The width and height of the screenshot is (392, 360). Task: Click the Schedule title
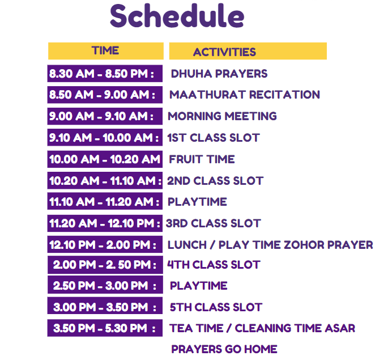(x=177, y=16)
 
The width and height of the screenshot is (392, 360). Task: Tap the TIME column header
(x=106, y=51)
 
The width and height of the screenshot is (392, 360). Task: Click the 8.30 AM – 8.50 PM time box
(x=105, y=74)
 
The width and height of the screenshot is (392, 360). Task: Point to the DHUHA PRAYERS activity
(x=219, y=74)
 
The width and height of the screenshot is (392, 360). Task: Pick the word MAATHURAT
(x=207, y=95)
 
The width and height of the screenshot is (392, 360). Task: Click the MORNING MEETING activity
(x=222, y=116)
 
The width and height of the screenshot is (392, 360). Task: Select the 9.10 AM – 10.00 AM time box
(x=105, y=138)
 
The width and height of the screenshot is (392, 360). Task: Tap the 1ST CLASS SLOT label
(x=214, y=138)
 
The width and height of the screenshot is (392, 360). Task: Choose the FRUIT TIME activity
(x=202, y=159)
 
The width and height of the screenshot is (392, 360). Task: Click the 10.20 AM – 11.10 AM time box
(x=105, y=181)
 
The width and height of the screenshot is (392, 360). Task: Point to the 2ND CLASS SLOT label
(x=215, y=181)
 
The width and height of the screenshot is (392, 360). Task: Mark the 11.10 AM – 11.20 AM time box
(x=105, y=202)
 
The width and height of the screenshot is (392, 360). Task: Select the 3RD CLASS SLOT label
(x=214, y=223)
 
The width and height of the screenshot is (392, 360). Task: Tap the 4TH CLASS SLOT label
(x=214, y=265)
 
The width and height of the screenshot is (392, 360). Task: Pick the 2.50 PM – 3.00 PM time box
(x=105, y=285)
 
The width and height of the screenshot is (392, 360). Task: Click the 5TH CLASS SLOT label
(x=216, y=307)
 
